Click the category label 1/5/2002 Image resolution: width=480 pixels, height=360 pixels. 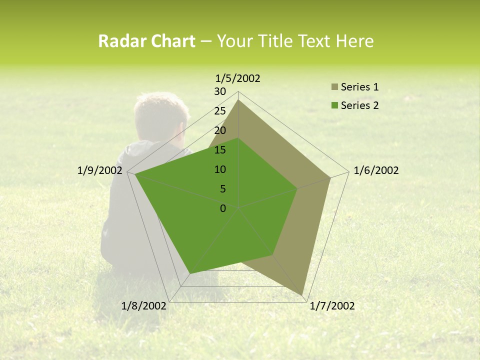(238, 78)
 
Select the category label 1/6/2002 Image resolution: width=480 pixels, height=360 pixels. (376, 170)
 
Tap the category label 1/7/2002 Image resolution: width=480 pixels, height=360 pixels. (332, 306)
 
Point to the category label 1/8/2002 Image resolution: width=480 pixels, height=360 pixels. (144, 306)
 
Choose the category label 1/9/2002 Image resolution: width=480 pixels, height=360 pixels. (100, 170)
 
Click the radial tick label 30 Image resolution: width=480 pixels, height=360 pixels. (220, 91)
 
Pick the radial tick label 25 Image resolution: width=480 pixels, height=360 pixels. (220, 111)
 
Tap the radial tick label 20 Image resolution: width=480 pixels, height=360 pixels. (220, 130)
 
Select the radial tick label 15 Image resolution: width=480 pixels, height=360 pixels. (220, 150)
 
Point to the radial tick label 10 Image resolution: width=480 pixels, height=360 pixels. (220, 169)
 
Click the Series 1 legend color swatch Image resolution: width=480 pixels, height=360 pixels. (334, 87)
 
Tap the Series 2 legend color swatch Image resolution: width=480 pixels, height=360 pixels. (334, 105)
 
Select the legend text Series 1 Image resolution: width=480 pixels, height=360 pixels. (359, 87)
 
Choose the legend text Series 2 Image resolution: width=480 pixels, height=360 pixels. (359, 105)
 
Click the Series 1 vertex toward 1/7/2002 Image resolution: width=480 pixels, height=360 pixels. (302, 294)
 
